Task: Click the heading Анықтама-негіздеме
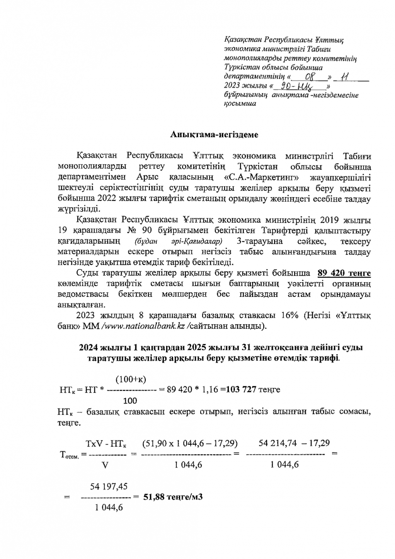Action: pyautogui.click(x=215, y=135)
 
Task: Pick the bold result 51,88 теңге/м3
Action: pyautogui.click(x=173, y=497)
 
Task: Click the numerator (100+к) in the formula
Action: pyautogui.click(x=131, y=379)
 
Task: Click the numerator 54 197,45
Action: pyautogui.click(x=109, y=486)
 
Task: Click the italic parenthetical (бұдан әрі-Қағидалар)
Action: pyautogui.click(x=178, y=242)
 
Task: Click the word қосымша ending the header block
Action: pyautogui.click(x=240, y=104)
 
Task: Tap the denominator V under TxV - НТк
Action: pyautogui.click(x=104, y=465)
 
